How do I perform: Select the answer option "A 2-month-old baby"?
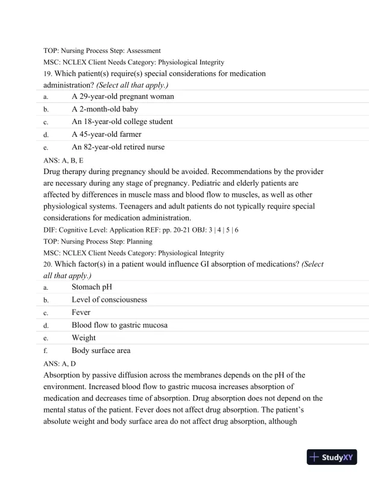click(104, 109)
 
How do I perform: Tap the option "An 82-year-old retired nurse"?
click(118, 146)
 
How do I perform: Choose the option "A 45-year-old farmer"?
click(106, 134)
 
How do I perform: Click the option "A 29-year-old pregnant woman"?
click(122, 96)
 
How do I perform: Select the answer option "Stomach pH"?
click(92, 287)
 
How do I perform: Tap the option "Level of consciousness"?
click(109, 299)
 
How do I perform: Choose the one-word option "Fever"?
click(82, 313)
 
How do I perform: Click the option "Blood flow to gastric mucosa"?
click(119, 325)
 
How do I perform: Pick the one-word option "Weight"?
click(84, 338)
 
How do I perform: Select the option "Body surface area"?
click(101, 351)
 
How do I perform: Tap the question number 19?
click(48, 73)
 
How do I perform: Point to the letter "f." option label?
click(46, 351)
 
